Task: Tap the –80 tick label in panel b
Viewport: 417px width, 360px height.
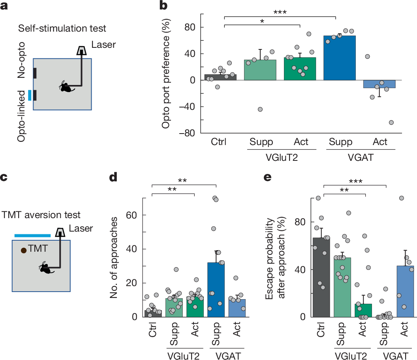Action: click(186, 133)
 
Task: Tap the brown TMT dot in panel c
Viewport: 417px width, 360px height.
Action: click(24, 250)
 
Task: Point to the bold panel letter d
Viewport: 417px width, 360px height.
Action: click(113, 177)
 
